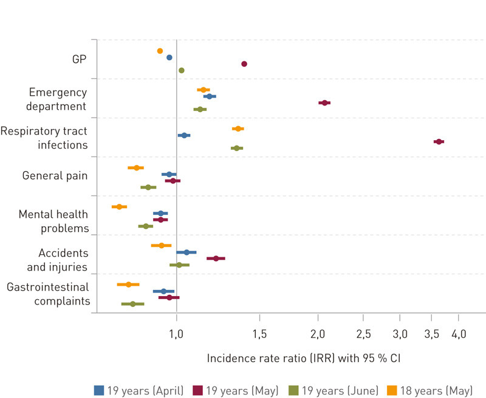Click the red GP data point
click(x=244, y=64)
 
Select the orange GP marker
click(x=160, y=51)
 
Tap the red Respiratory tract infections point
click(x=438, y=141)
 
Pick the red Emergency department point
click(x=324, y=103)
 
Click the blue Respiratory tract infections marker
click(x=184, y=135)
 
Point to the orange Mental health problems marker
click(x=119, y=207)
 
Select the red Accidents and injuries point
click(x=216, y=258)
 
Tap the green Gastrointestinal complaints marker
click(x=132, y=303)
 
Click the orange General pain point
click(x=136, y=167)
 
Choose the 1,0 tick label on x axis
click(x=176, y=334)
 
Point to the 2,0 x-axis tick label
click(x=318, y=334)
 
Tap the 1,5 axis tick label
click(x=259, y=334)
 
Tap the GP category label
click(x=79, y=59)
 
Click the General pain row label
click(x=55, y=175)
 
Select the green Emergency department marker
click(x=200, y=109)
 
